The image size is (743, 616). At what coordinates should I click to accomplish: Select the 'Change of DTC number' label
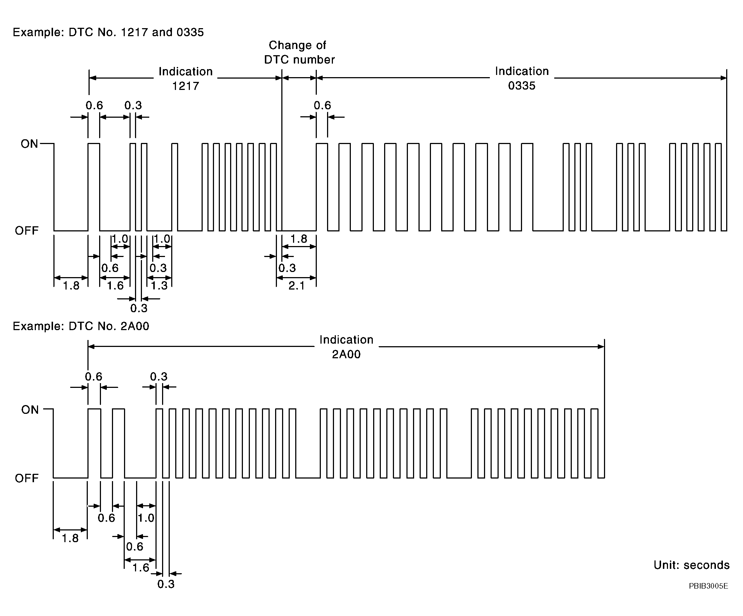tap(299, 52)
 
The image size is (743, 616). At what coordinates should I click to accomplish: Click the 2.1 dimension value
tap(296, 286)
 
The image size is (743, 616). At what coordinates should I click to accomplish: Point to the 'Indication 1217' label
tap(185, 79)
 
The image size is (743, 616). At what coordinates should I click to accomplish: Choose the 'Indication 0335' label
tap(522, 78)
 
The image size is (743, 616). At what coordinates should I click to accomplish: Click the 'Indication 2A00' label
tap(346, 347)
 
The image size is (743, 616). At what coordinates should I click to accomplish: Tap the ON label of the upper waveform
tap(29, 144)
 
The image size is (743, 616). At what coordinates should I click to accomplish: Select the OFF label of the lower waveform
tap(27, 478)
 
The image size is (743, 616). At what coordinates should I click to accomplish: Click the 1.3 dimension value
tap(159, 286)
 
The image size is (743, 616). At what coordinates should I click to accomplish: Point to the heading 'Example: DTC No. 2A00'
tap(81, 326)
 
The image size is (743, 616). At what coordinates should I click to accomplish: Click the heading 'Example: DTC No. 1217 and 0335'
tap(108, 32)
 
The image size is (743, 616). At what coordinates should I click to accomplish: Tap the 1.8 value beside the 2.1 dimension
tap(299, 239)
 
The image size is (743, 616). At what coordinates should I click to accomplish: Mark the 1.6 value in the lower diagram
tap(141, 567)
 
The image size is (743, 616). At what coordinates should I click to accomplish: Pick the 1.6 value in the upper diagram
tap(115, 286)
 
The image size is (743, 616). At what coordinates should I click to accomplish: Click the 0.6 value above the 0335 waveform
tap(322, 106)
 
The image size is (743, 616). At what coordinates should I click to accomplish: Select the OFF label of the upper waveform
tap(27, 231)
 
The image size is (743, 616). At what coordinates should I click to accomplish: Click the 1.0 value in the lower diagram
tap(146, 518)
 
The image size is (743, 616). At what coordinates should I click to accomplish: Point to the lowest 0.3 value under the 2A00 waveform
tap(166, 584)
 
